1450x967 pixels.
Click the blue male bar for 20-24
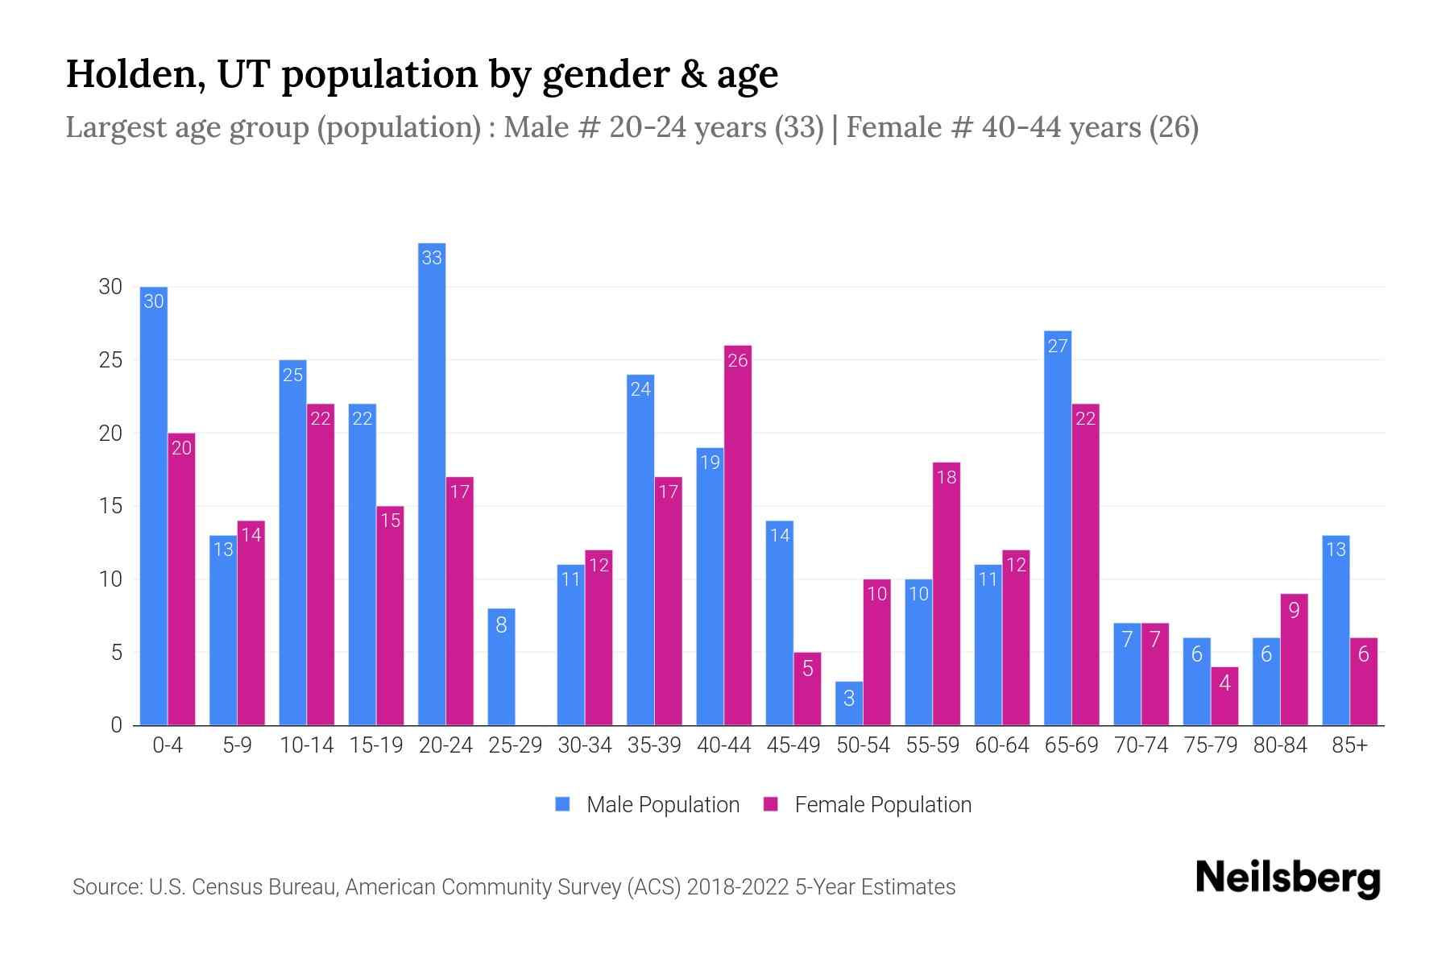(432, 483)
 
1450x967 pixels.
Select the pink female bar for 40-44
(738, 535)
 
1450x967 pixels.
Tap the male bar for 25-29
(501, 667)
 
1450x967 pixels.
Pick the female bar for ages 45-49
(807, 689)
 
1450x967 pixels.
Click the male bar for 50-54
(849, 703)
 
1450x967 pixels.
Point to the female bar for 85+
(1364, 682)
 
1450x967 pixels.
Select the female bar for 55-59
(947, 594)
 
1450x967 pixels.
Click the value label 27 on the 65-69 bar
(1058, 347)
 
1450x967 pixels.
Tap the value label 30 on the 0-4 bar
(153, 302)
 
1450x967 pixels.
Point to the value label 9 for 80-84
(1294, 610)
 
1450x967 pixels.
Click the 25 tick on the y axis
(110, 360)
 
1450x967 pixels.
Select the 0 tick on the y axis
(117, 725)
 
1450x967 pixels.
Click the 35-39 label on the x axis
(654, 745)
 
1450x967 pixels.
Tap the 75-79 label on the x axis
(1210, 745)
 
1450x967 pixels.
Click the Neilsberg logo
(1287, 878)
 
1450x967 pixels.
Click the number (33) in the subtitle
(799, 127)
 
